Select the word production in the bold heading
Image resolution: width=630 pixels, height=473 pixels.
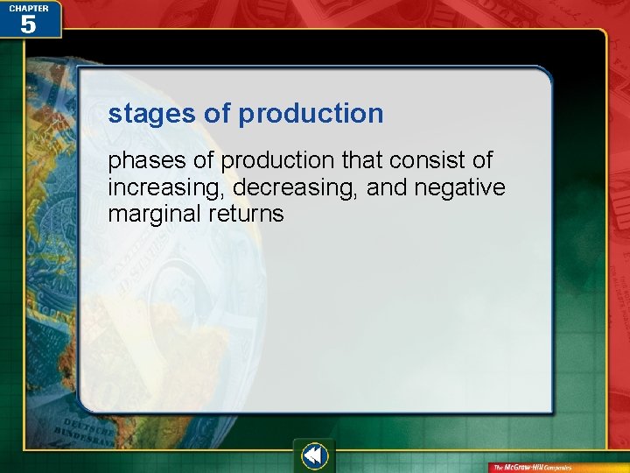[x=311, y=114]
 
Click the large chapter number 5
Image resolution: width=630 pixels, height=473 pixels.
[x=28, y=25]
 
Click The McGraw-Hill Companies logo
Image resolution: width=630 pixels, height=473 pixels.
[x=532, y=467]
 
